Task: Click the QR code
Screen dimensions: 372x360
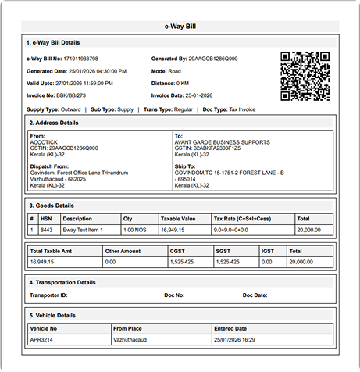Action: (305, 76)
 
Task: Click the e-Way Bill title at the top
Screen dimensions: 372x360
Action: (180, 26)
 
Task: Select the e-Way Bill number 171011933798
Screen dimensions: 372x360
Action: (82, 59)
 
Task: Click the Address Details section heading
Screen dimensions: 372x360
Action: (54, 123)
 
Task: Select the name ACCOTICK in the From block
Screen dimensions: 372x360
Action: (44, 141)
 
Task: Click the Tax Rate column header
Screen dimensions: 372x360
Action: (243, 219)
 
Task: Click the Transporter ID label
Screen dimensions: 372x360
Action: (49, 295)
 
